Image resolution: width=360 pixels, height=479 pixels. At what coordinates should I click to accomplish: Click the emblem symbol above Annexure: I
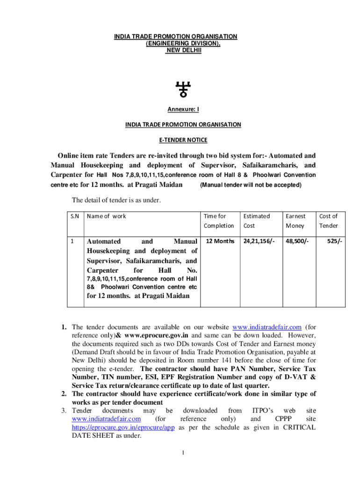[x=183, y=88]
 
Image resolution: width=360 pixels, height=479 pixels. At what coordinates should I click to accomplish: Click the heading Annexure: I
[x=183, y=109]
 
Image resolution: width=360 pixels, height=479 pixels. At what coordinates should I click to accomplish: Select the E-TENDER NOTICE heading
[x=183, y=140]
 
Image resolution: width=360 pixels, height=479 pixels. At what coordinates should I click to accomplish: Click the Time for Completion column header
[x=218, y=221]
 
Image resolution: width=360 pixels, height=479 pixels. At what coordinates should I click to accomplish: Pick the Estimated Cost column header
[x=256, y=221]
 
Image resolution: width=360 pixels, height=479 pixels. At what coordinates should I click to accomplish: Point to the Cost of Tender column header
[x=328, y=221]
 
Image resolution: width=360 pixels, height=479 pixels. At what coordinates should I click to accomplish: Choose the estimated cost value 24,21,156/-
[x=259, y=241]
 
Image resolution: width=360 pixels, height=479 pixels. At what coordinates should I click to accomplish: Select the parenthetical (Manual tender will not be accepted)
[x=251, y=185]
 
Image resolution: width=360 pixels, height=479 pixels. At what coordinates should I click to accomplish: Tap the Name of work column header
[x=107, y=216]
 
